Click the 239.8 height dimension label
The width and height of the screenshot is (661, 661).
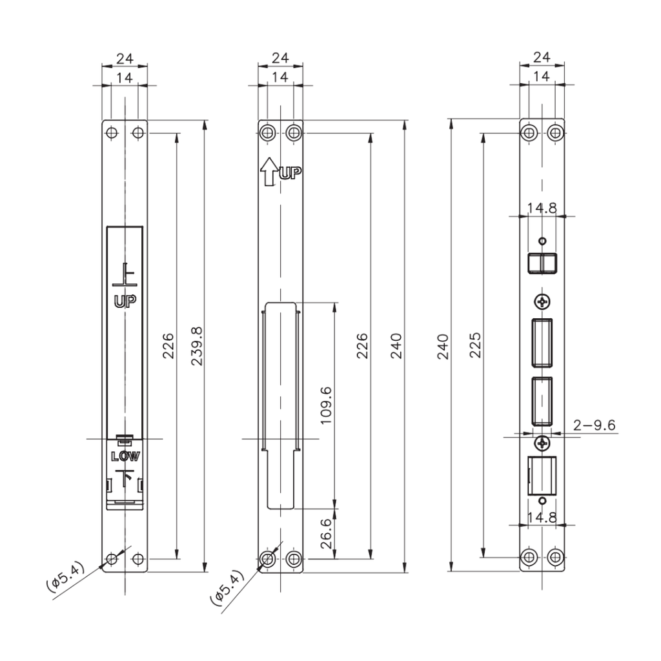coord(197,347)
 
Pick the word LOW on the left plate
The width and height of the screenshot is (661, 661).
coord(125,456)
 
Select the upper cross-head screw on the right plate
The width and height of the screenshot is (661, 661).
coord(542,301)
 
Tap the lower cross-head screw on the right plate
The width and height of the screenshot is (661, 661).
coord(542,443)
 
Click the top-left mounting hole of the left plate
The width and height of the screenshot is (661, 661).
coord(112,133)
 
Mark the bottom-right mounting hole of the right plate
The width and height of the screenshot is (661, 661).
coord(555,556)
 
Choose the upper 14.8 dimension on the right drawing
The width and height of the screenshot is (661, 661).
coord(542,208)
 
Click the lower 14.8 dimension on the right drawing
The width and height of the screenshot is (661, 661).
coord(542,517)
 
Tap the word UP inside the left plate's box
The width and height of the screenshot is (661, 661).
coord(125,300)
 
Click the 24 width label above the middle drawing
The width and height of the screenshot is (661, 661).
coord(280,57)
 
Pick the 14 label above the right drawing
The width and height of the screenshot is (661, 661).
coord(542,76)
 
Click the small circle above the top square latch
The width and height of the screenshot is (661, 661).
coord(542,241)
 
